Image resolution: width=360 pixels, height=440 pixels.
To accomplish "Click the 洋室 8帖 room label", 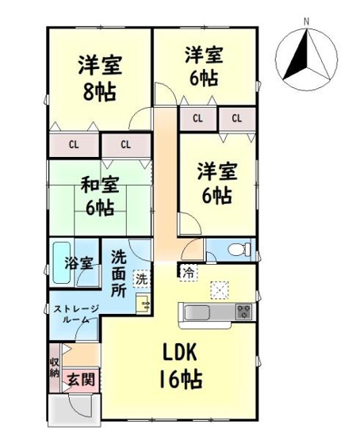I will (x=98, y=75).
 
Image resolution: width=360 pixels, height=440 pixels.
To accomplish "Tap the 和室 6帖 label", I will (x=98, y=197).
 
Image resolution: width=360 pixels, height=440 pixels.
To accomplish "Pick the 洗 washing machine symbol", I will (x=140, y=279).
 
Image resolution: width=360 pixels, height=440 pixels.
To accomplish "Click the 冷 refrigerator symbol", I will (x=188, y=272).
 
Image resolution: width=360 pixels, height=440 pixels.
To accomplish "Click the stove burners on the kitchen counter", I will (x=243, y=310).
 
